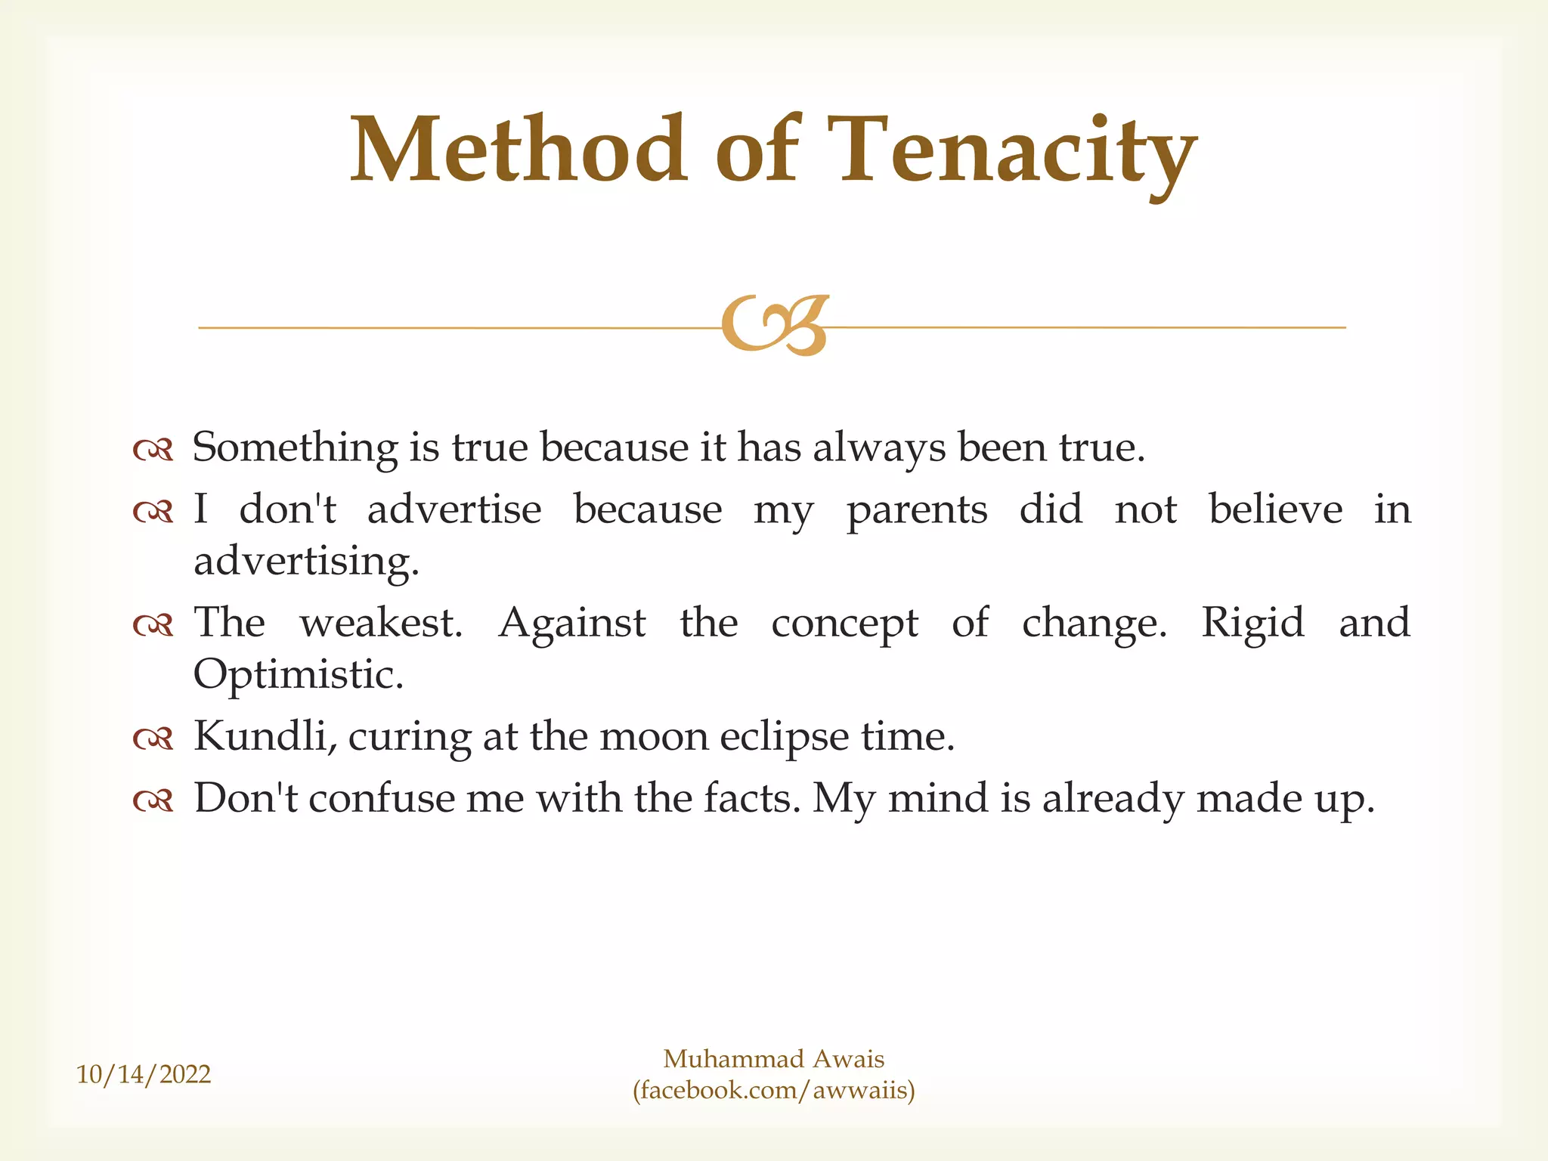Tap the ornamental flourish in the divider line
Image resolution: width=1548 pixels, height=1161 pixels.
point(776,326)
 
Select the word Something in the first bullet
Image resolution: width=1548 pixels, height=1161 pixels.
point(295,448)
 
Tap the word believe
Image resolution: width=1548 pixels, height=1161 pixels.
point(1276,509)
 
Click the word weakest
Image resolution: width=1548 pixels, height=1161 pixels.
point(381,624)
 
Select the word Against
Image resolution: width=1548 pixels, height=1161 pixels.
point(572,624)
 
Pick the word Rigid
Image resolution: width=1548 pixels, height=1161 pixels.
point(1252,624)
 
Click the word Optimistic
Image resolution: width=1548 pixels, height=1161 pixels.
point(299,675)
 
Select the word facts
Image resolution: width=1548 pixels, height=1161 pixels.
point(751,799)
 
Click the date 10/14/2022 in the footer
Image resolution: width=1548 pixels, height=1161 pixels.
point(144,1074)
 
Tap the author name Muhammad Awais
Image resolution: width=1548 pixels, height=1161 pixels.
point(774,1059)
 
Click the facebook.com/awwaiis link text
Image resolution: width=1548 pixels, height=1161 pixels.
point(774,1090)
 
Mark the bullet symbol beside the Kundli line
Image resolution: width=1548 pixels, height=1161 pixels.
point(153,738)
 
